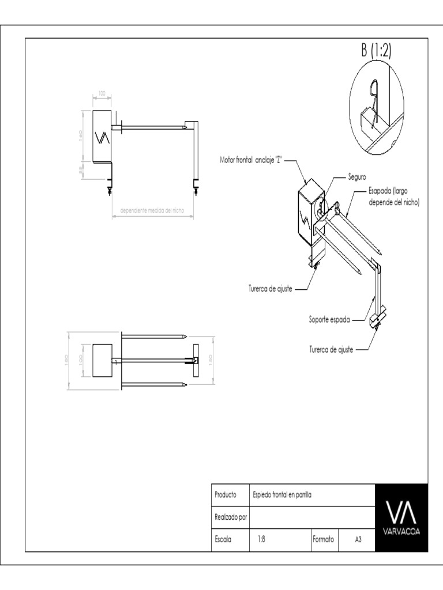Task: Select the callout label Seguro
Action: [x=357, y=176]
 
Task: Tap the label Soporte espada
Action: [x=329, y=319]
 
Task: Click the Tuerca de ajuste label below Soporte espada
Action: [x=331, y=349]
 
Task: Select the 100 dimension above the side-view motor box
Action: [x=102, y=93]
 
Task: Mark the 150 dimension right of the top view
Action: [x=211, y=358]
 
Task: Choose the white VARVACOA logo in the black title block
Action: [x=401, y=517]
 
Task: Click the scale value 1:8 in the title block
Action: [x=261, y=540]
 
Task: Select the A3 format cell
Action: [x=358, y=540]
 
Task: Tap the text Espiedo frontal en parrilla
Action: [x=282, y=495]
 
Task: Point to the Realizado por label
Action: [x=231, y=517]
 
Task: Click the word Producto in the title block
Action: [x=226, y=495]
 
